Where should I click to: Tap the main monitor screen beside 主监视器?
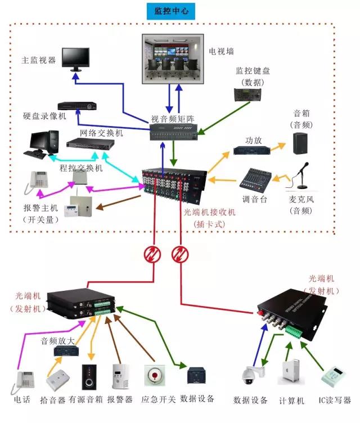75,57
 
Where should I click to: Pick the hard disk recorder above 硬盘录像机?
78,105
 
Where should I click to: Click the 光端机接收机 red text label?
209,212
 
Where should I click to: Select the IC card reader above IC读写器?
331,376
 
